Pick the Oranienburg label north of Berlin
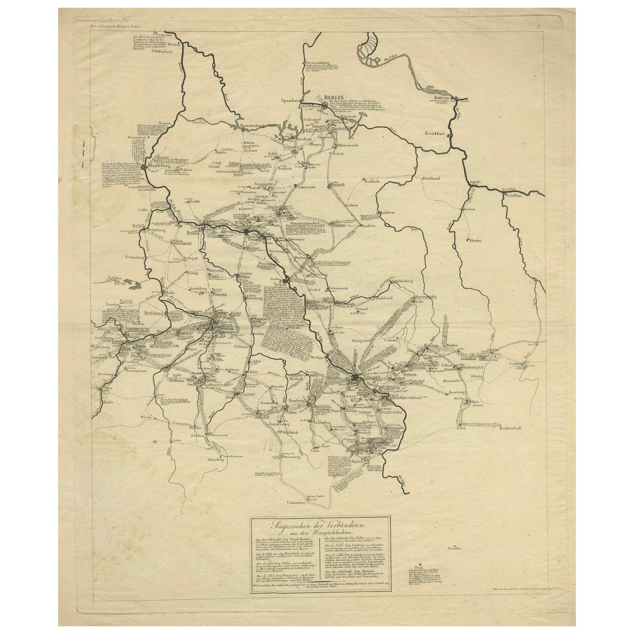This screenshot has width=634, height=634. click(x=319, y=58)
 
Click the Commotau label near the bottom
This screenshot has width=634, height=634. click(x=296, y=503)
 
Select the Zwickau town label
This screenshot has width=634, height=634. click(x=198, y=435)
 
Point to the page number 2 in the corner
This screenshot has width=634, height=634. click(x=539, y=27)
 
